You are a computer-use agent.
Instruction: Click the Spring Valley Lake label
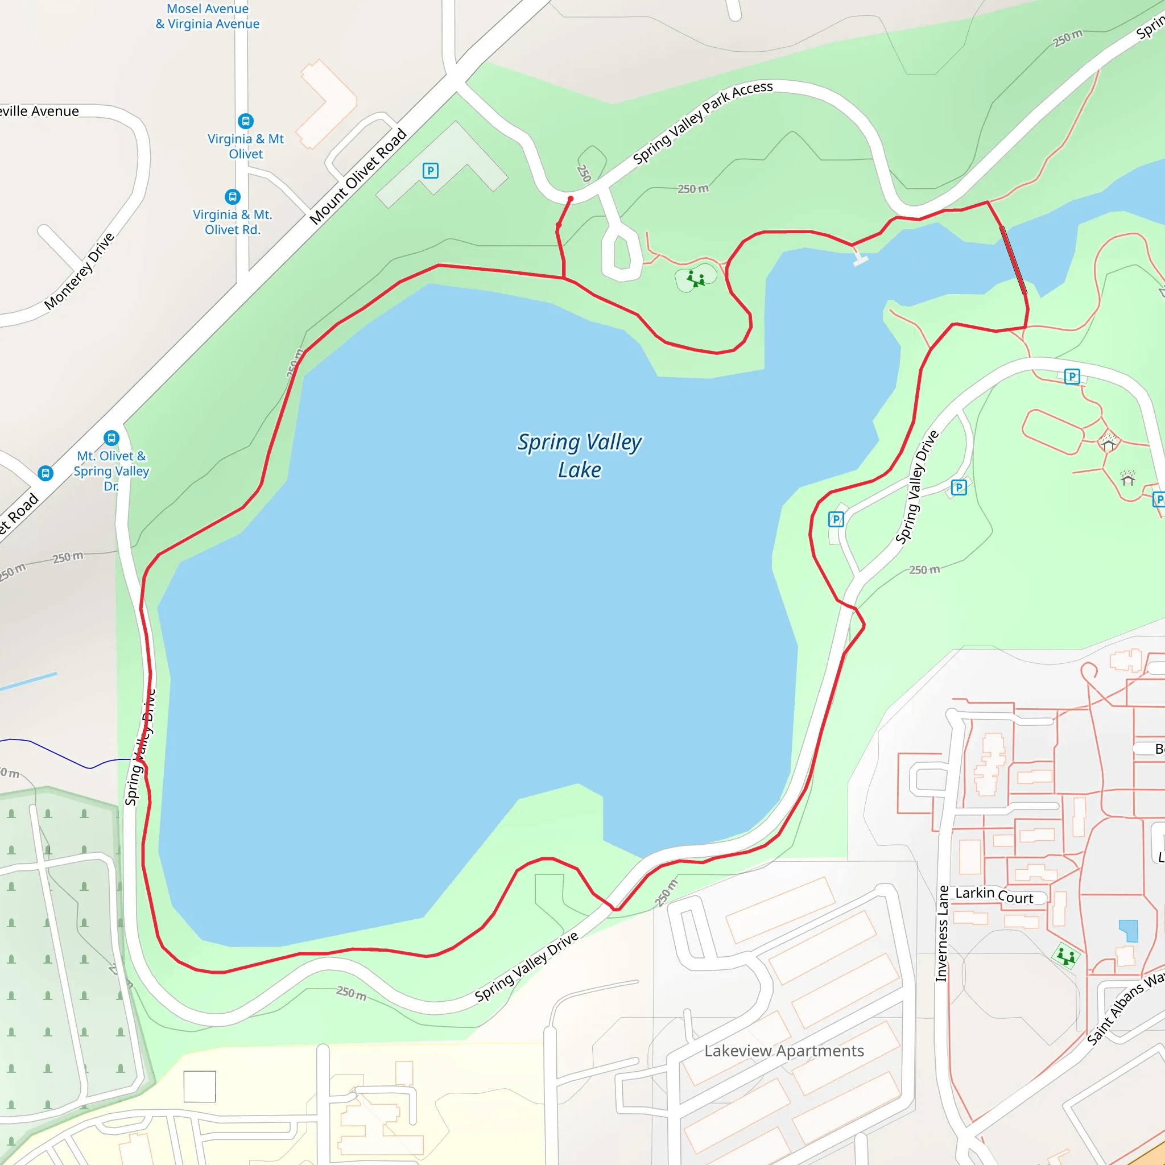tap(579, 456)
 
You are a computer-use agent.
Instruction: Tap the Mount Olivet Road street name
tap(358, 177)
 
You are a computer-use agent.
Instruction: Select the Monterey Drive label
tap(79, 271)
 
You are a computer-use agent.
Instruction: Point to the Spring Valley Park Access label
tap(703, 122)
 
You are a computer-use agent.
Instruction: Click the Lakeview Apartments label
tap(783, 1051)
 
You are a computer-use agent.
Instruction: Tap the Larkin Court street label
tap(994, 895)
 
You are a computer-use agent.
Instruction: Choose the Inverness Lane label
tap(941, 933)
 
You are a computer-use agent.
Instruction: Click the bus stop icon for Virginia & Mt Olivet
tap(245, 121)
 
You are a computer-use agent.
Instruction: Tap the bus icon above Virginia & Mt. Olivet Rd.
tap(233, 197)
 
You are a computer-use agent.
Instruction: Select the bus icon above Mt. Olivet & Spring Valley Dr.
tap(111, 438)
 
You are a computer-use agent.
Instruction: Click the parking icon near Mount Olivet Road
tap(430, 171)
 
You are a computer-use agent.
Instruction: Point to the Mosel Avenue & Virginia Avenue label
tap(208, 16)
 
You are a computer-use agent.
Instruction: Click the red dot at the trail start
tap(571, 199)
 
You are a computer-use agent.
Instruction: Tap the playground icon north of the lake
tap(696, 279)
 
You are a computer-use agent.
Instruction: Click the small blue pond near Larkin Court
tap(1128, 931)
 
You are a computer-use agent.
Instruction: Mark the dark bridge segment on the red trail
tap(1014, 260)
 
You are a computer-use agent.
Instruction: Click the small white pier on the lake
tap(860, 259)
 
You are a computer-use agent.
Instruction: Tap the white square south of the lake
tap(200, 1086)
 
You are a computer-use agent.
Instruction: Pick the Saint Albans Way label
tap(1125, 1007)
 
